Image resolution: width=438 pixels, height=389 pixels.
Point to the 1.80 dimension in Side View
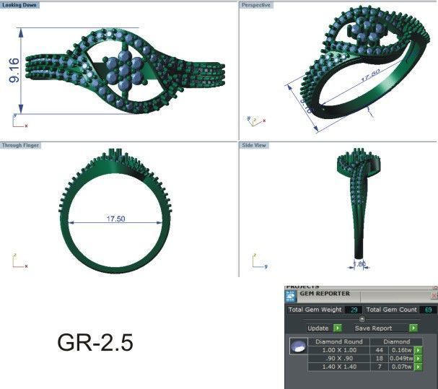[x=359, y=264]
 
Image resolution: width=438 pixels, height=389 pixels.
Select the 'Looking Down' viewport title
[x=21, y=5]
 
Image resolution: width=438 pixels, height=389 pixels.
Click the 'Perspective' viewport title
[x=258, y=5]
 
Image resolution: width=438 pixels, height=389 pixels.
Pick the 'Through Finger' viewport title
[x=22, y=145]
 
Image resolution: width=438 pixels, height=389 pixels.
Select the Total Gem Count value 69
[x=428, y=310]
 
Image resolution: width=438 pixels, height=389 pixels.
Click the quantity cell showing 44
[x=380, y=349]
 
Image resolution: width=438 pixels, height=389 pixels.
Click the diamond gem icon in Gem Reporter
[x=296, y=347]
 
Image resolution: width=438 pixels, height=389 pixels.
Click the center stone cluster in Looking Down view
[x=118, y=70]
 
